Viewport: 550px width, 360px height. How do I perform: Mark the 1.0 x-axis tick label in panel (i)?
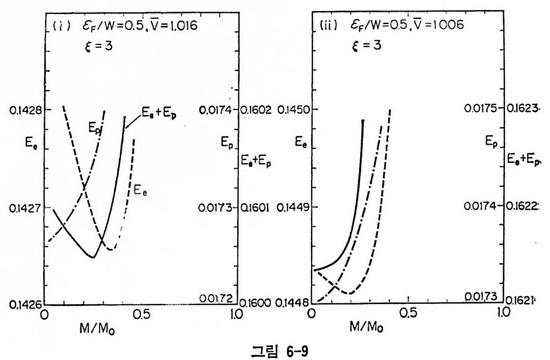(235, 313)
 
